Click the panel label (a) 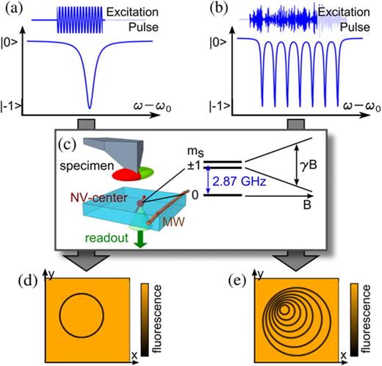tap(13, 10)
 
